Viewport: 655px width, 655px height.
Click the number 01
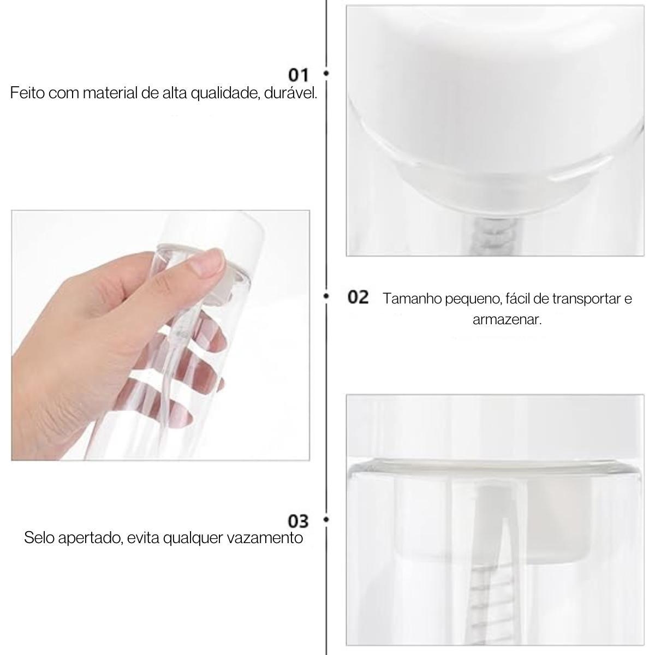(x=298, y=75)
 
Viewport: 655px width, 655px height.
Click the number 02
(x=358, y=297)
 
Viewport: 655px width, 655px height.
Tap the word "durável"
(x=290, y=93)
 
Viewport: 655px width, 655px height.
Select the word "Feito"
(x=27, y=93)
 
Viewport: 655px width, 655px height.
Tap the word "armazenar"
(x=507, y=320)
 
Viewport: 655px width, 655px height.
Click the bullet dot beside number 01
(x=326, y=73)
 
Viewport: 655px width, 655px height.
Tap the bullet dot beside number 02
(x=326, y=296)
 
